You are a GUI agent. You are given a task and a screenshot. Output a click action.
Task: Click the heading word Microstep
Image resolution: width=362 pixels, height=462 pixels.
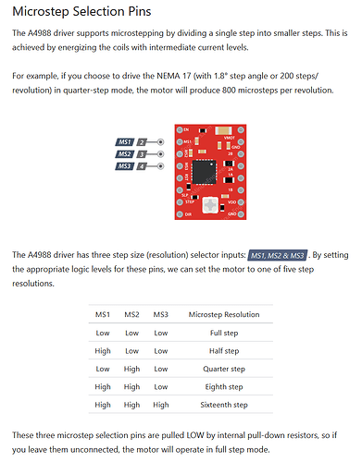pyautogui.click(x=41, y=12)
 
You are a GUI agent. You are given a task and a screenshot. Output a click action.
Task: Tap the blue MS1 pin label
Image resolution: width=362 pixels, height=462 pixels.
pyautogui.click(x=125, y=142)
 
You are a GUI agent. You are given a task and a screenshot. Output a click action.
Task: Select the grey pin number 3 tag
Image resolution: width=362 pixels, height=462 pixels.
pyautogui.click(x=142, y=154)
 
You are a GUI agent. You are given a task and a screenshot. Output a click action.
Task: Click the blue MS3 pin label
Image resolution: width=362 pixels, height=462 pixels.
pyautogui.click(x=125, y=166)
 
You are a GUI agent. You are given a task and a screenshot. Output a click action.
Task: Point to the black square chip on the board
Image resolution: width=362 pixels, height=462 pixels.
pyautogui.click(x=204, y=172)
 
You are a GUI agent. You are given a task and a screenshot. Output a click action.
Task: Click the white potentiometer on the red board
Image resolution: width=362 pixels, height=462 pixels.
pyautogui.click(x=210, y=205)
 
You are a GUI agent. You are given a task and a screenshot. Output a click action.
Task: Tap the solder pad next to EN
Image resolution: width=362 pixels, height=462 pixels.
pyautogui.click(x=180, y=130)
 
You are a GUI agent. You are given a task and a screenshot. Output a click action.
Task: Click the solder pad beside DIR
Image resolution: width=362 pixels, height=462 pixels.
pyautogui.click(x=180, y=214)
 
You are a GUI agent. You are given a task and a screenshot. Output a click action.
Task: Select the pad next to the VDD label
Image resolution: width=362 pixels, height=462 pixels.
pyautogui.click(x=241, y=202)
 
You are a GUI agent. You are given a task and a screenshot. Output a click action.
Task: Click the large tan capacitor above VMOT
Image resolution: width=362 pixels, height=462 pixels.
pyautogui.click(x=224, y=130)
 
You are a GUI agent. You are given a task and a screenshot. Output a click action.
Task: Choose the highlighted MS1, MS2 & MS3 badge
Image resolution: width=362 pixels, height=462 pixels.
pyautogui.click(x=277, y=255)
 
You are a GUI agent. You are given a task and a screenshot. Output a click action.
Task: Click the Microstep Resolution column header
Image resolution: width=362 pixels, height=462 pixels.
pyautogui.click(x=224, y=314)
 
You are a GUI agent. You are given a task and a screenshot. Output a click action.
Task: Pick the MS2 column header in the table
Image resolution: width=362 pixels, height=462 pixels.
pyautogui.click(x=131, y=314)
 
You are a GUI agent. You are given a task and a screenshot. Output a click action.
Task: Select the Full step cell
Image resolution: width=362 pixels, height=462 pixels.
pyautogui.click(x=224, y=333)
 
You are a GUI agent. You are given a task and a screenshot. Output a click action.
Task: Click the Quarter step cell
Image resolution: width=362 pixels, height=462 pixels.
pyautogui.click(x=224, y=369)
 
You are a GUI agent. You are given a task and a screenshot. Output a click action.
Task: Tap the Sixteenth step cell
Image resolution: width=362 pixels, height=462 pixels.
pyautogui.click(x=224, y=405)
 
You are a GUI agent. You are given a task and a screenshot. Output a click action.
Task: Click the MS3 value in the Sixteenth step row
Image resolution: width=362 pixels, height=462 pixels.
pyautogui.click(x=161, y=405)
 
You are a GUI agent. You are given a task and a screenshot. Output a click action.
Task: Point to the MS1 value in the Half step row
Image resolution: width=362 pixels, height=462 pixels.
pyautogui.click(x=103, y=351)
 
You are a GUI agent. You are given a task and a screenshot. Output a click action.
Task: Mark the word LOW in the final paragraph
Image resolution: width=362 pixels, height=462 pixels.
pyautogui.click(x=195, y=435)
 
